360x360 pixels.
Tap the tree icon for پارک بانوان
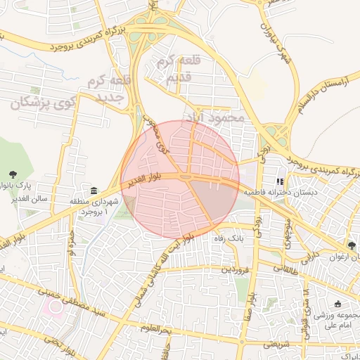click(x=13, y=174)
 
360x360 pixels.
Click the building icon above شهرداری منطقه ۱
click(x=94, y=191)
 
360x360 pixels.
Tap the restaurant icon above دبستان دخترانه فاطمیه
click(x=281, y=181)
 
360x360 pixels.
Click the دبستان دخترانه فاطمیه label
click(x=281, y=192)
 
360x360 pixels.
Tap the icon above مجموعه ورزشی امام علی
click(x=338, y=304)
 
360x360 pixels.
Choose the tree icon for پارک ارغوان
click(x=352, y=245)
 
